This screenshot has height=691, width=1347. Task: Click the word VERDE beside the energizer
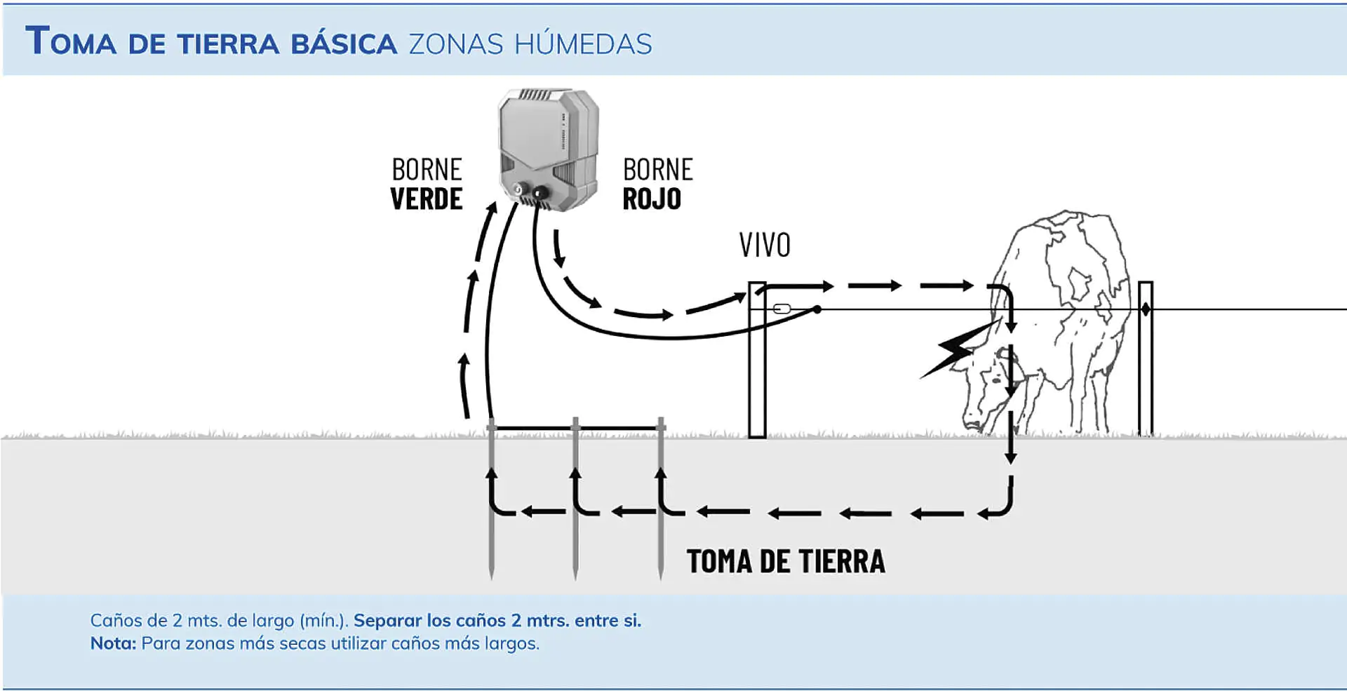click(x=426, y=199)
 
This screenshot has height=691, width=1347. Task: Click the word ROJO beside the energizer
click(x=652, y=199)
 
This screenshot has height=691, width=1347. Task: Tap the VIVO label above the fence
click(x=765, y=246)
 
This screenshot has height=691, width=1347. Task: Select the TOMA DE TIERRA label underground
click(x=786, y=562)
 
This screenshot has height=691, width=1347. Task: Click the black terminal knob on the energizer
click(x=540, y=192)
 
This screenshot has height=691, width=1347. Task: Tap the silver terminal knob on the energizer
click(x=520, y=189)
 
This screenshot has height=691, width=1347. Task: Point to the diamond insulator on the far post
click(x=1145, y=309)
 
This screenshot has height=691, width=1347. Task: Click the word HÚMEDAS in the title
click(x=583, y=44)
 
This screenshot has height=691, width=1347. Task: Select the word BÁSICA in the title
click(x=344, y=44)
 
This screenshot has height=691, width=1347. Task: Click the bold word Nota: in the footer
click(x=113, y=643)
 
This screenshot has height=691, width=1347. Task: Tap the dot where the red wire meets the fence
click(x=817, y=309)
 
